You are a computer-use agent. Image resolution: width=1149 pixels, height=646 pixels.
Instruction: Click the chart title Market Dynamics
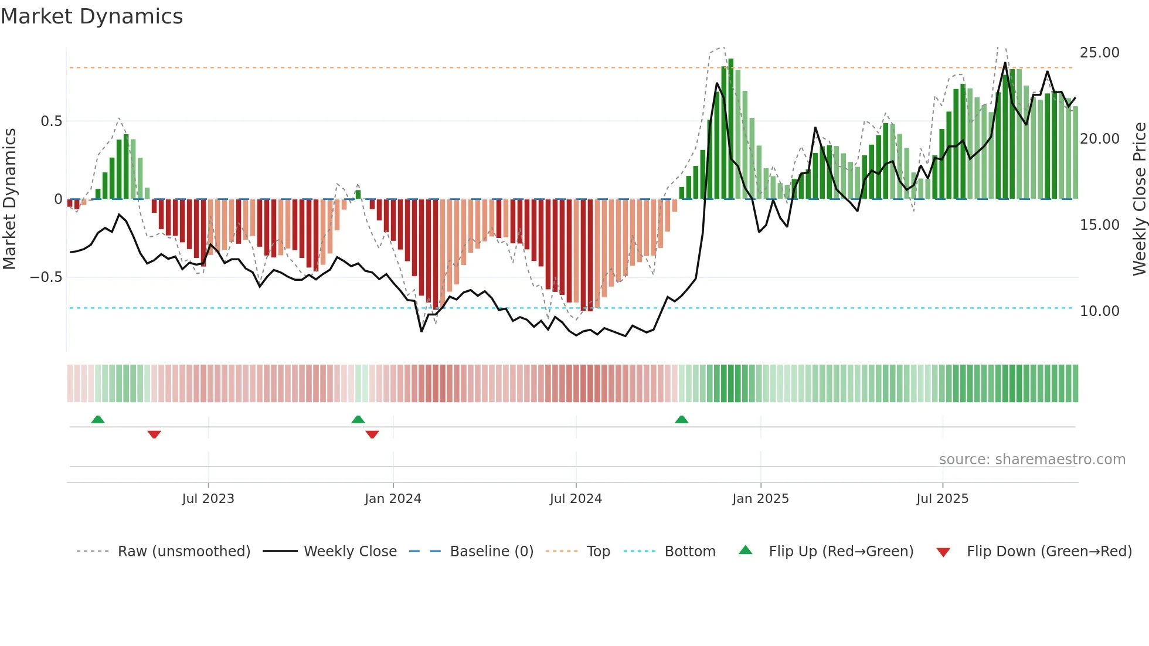(x=91, y=16)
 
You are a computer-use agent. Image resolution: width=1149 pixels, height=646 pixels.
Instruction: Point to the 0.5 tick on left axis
(x=51, y=121)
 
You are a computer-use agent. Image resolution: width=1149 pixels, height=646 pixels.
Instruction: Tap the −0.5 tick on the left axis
(x=46, y=277)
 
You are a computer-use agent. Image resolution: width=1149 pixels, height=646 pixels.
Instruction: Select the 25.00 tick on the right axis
(x=1099, y=53)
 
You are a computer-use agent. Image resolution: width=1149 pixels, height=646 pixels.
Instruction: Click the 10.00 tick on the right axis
(x=1099, y=311)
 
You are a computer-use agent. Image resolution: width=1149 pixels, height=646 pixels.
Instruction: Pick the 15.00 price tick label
(x=1099, y=225)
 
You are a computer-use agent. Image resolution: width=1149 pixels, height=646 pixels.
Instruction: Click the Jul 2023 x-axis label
(x=208, y=499)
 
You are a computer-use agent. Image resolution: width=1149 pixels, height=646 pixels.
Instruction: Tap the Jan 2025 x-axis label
(x=760, y=499)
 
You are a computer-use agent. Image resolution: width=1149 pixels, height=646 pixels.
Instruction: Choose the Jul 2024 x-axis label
(x=576, y=499)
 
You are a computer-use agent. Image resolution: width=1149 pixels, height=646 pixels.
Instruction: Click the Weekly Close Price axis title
(x=1139, y=199)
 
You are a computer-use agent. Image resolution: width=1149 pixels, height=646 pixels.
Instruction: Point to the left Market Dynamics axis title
(x=9, y=199)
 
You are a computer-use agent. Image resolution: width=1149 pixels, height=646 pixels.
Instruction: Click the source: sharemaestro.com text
(x=1032, y=460)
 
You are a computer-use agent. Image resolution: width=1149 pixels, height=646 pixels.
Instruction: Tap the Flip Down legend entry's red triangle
(x=943, y=552)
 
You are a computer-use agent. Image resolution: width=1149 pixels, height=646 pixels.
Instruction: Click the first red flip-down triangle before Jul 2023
(x=154, y=434)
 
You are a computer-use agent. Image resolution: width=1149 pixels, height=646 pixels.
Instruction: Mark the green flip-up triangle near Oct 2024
(x=681, y=419)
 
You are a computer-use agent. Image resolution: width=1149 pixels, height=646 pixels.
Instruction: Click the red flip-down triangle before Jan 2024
(x=372, y=434)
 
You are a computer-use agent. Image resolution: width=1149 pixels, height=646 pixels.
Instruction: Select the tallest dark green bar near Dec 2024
(x=731, y=129)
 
